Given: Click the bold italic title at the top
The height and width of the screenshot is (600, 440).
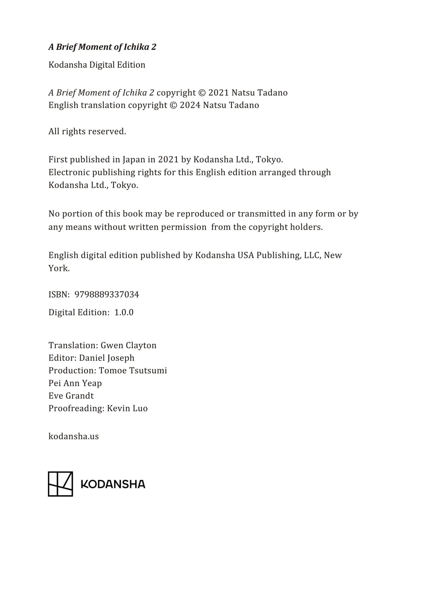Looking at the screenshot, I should (102, 47).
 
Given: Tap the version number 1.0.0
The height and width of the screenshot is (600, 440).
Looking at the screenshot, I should (124, 312).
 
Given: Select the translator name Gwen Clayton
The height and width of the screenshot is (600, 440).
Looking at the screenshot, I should (128, 345).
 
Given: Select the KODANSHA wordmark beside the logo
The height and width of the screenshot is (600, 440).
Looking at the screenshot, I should (113, 484).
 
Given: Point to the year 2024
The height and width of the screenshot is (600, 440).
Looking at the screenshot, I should (190, 105).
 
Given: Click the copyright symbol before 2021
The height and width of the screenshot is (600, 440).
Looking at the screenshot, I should (202, 93).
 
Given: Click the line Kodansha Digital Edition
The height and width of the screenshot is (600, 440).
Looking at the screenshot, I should (97, 65).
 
